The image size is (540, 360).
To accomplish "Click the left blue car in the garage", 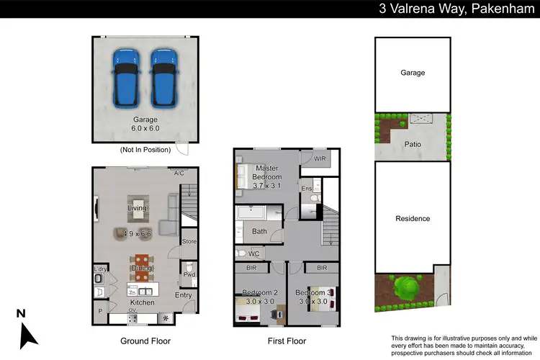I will click(126, 76).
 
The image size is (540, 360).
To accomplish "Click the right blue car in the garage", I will click(163, 76).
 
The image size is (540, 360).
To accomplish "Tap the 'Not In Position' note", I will click(145, 150).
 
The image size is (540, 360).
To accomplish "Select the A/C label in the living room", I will click(179, 174).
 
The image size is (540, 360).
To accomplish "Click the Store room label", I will click(189, 241).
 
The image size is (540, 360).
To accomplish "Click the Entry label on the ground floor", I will click(183, 295).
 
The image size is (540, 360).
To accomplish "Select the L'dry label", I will click(100, 269).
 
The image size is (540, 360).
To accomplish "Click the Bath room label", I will click(259, 231).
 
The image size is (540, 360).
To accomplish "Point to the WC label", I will click(253, 253).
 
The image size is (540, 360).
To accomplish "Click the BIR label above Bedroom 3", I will click(321, 268).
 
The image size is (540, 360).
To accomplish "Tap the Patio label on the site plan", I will click(413, 144).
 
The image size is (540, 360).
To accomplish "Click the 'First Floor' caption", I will click(286, 341).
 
